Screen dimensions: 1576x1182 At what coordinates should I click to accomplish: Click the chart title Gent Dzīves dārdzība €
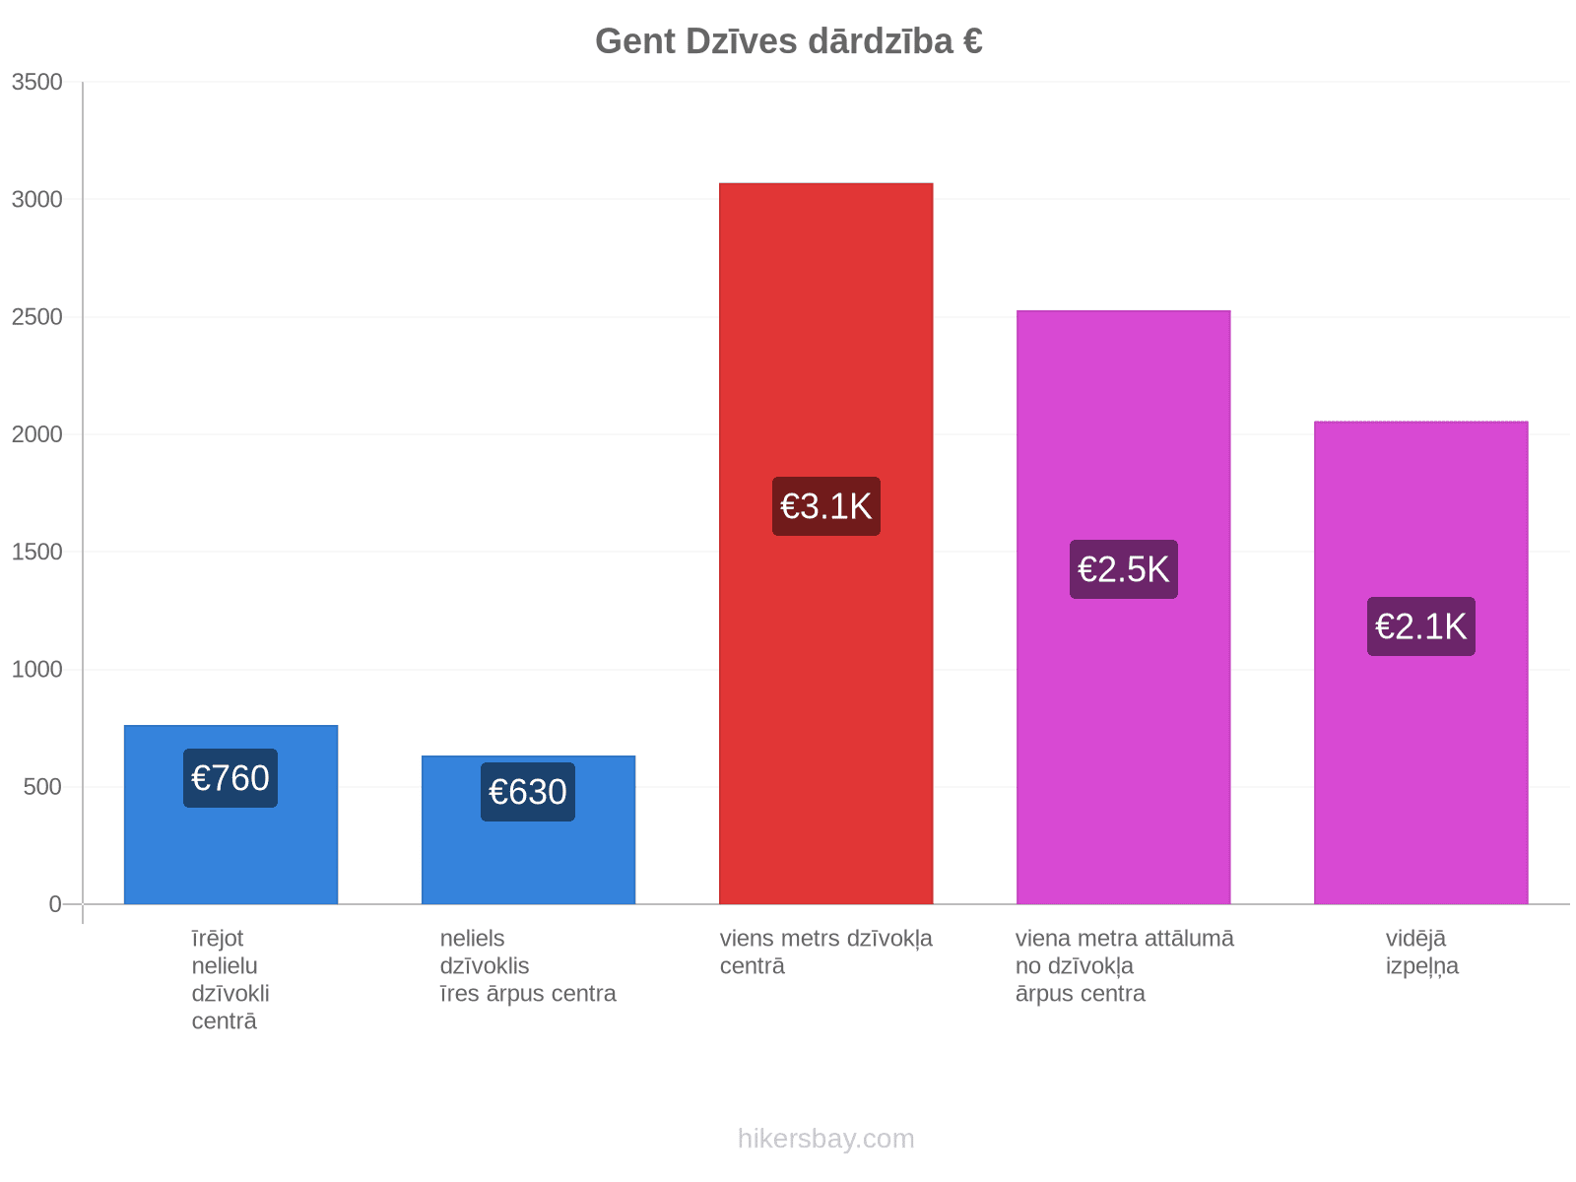[788, 41]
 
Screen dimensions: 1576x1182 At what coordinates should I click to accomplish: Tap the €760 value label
[230, 778]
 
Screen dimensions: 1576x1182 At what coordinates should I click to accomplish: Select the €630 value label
[528, 792]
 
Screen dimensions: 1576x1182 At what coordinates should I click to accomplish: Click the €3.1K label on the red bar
[825, 506]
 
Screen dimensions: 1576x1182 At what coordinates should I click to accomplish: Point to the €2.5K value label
[1123, 569]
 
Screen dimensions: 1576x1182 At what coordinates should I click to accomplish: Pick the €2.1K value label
[1420, 625]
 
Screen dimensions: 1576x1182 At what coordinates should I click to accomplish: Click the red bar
[825, 544]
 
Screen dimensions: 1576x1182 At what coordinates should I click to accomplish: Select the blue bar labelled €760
[230, 815]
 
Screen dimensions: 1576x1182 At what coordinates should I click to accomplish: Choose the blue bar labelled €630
[528, 829]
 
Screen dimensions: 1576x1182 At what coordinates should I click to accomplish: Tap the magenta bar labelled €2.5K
[1123, 607]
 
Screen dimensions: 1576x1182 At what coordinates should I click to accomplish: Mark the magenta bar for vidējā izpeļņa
[1420, 662]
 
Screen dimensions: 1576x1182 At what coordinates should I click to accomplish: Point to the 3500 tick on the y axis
[36, 82]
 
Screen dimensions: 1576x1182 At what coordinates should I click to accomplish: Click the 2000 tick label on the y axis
[36, 434]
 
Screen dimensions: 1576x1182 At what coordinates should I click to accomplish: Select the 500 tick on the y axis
[42, 787]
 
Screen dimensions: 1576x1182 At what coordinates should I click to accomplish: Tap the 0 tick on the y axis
[54, 903]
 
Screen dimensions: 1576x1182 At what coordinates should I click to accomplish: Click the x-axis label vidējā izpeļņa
[1421, 952]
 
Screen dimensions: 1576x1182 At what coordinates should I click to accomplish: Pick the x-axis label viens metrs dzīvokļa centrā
[825, 952]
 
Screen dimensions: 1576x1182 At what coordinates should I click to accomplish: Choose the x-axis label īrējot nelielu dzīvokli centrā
[230, 979]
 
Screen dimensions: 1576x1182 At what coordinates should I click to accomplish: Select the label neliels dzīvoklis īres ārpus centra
[528, 965]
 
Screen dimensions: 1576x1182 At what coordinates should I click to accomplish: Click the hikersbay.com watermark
[825, 1139]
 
